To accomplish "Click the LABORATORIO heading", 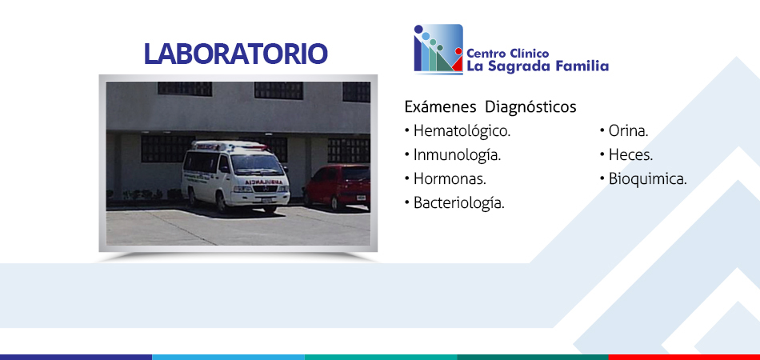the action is coord(235,54).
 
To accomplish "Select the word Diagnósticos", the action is coord(530,106).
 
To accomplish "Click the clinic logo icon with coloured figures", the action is coord(438,49).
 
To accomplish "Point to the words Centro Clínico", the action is coord(508,54).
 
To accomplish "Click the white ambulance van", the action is coord(235,175).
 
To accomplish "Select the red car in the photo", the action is coord(338,187).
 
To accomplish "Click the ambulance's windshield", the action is coord(257,164).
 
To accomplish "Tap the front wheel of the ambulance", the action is coord(222,203).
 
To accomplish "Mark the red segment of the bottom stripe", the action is coord(684,357).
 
